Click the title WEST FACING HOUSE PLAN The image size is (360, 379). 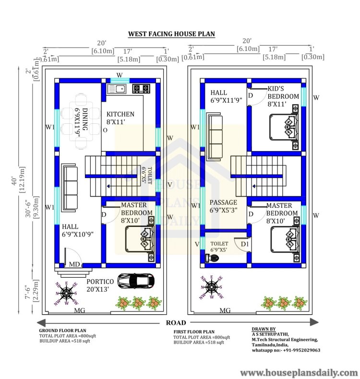point(171,34)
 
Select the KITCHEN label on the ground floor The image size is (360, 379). point(120,114)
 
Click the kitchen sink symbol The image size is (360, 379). point(117,88)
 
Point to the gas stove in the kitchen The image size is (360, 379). point(141,88)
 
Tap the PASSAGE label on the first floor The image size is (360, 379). point(223,206)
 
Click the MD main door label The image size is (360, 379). point(74,264)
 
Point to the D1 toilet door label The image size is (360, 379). point(245,244)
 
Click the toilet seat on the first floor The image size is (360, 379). point(213,258)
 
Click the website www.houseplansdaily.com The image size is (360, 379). point(299,372)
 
